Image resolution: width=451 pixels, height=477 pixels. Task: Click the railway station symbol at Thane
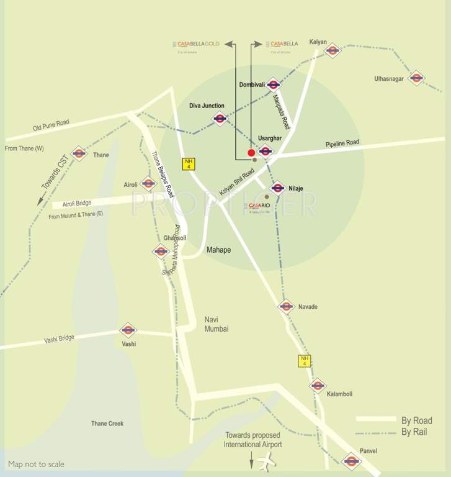coord(79,153)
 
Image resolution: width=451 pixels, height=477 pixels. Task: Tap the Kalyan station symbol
coord(333,50)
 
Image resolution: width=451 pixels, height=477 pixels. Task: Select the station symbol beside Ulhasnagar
coord(416,78)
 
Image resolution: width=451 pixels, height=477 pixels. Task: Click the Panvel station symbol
coord(352,461)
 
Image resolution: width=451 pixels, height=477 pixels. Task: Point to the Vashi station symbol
coord(128,330)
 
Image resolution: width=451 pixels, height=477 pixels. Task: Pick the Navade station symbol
coord(285,306)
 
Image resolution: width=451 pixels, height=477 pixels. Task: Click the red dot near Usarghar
coord(251,153)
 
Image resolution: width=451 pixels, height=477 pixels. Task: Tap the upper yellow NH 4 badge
coord(188,164)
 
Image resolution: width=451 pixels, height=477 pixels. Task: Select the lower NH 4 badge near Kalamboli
coord(304,361)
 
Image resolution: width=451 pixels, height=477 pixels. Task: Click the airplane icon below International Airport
coord(266,463)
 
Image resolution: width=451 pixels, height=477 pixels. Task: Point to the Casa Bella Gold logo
coord(198,45)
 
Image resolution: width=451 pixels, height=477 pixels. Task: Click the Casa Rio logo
coord(260,207)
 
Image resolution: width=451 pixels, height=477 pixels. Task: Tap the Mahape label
coord(218,250)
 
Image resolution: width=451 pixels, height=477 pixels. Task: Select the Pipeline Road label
coord(342,143)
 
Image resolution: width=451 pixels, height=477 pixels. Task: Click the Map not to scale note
coord(36,464)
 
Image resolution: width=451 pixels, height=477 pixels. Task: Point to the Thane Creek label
coord(107,424)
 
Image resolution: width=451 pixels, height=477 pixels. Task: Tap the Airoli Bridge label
coord(76,204)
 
